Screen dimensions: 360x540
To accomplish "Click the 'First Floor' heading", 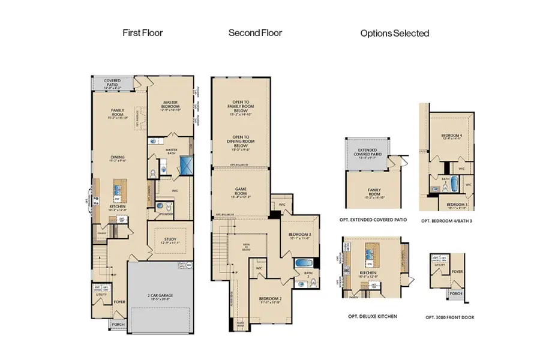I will [143, 33].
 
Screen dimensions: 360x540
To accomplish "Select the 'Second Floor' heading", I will [255, 33].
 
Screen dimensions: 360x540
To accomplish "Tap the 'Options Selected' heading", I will [394, 34].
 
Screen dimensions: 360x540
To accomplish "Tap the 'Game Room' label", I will [240, 193].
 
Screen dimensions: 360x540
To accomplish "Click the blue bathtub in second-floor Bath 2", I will [301, 263].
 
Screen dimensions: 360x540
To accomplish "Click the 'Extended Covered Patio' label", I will [370, 153].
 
